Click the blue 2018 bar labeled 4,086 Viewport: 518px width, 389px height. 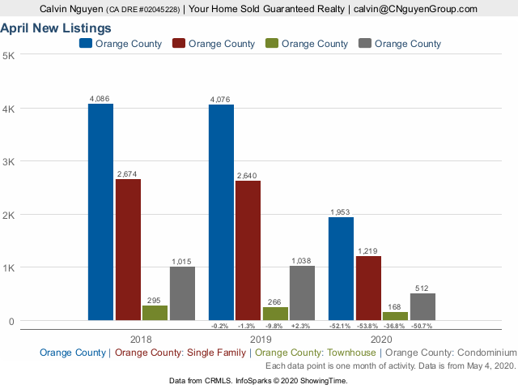coord(101,212)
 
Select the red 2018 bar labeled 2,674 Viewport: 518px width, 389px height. coord(128,250)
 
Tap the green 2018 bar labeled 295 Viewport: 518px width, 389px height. coord(155,313)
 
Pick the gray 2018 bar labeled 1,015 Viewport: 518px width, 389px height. coord(182,293)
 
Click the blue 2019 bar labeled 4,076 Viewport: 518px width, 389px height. coord(221,212)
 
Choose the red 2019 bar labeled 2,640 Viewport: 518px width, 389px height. coord(248,250)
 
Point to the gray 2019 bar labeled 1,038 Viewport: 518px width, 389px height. coord(302,293)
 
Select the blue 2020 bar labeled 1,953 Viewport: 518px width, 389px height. coord(341,268)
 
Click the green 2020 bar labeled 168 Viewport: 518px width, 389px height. coord(395,316)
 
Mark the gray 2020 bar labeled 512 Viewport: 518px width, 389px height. coord(422,306)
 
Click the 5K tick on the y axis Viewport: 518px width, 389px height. coord(8,55)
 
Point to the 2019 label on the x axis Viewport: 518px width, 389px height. coord(261,340)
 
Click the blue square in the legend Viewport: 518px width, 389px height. coord(86,43)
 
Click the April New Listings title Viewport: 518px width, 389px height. coord(56,28)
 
